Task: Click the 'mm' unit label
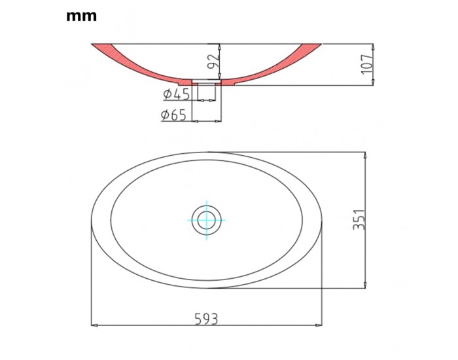tap(82, 16)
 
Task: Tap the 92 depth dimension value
tap(213, 61)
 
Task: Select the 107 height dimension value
tap(367, 64)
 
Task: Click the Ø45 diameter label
tap(177, 94)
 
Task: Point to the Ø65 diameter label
tap(174, 115)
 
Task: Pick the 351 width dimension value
tap(359, 219)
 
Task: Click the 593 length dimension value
tap(207, 319)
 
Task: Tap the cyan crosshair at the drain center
tap(207, 220)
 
